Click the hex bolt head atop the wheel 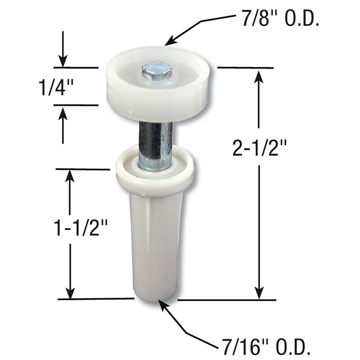[x=157, y=72]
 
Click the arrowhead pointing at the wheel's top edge [x=170, y=42]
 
